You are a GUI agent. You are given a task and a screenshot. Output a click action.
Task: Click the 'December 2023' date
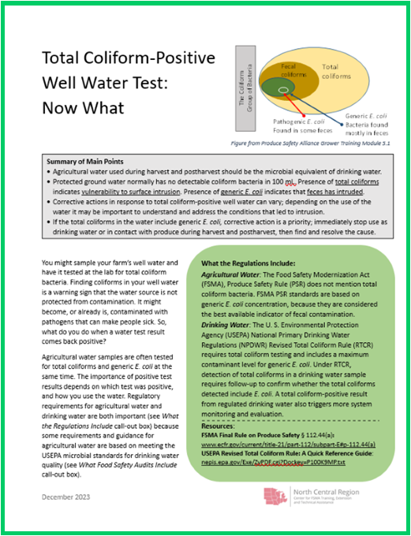66,497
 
